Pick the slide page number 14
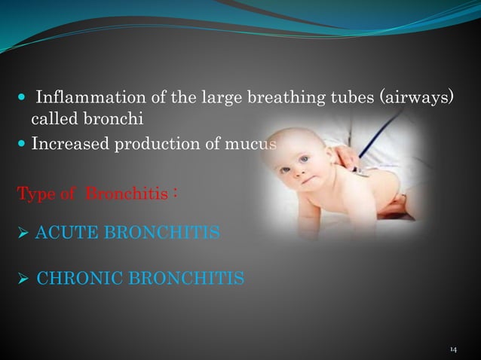click(453, 349)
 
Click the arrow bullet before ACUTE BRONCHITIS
click(23, 233)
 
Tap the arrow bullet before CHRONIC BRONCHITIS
click(23, 279)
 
